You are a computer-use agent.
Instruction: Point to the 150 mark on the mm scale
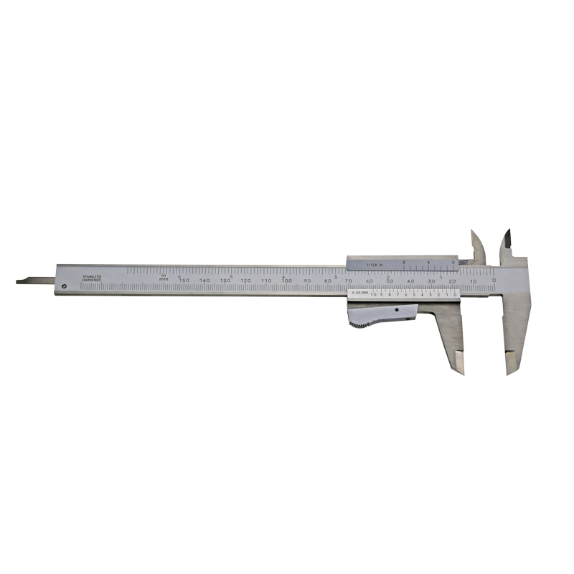click(x=184, y=280)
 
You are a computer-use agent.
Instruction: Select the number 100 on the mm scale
click(x=287, y=280)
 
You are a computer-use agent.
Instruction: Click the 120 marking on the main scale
click(x=245, y=280)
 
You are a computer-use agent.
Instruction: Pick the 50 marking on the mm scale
click(x=390, y=280)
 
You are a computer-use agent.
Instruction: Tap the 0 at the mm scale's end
click(x=494, y=280)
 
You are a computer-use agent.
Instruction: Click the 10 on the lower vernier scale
click(x=373, y=294)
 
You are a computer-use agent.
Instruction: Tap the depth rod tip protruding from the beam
click(x=22, y=281)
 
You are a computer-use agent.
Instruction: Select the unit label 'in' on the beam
click(x=164, y=275)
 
